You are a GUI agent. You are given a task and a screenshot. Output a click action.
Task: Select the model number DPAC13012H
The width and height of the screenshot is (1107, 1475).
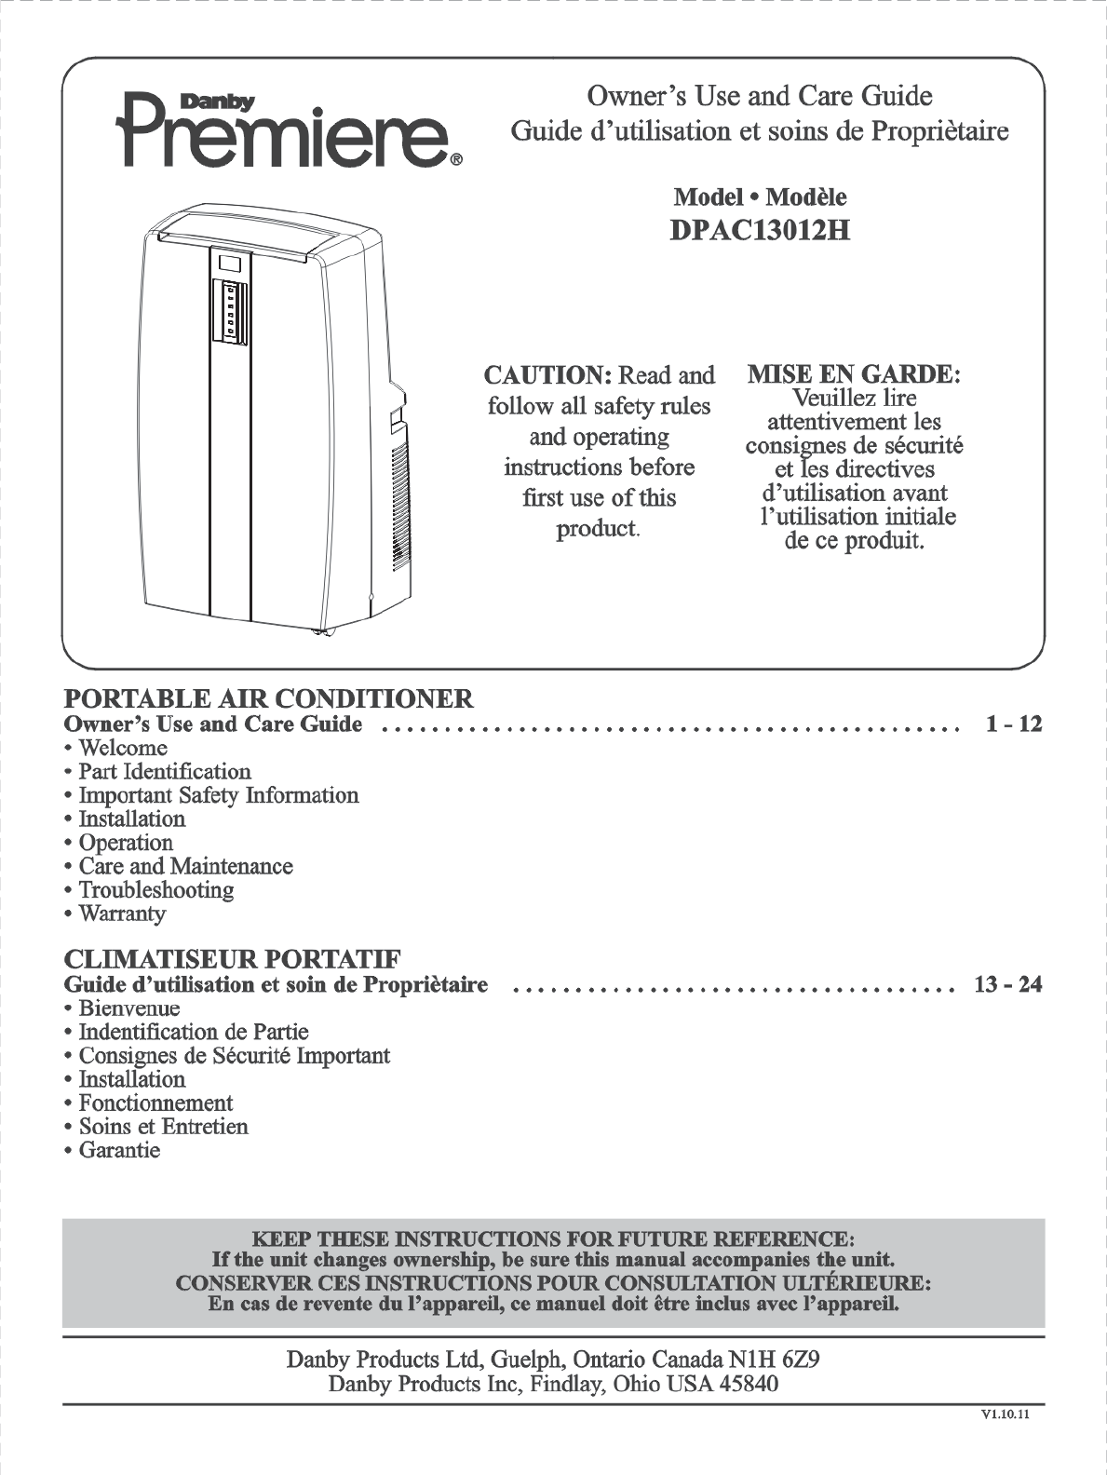760,229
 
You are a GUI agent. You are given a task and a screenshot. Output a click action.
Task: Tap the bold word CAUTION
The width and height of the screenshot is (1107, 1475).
547,375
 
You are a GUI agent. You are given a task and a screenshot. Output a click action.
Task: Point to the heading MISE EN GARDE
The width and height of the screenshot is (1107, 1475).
854,375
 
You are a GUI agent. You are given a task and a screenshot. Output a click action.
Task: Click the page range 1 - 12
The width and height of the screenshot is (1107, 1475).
1014,724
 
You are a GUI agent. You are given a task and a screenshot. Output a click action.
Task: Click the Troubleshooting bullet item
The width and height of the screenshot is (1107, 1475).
155,889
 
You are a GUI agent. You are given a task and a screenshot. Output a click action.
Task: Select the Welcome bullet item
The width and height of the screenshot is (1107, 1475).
123,748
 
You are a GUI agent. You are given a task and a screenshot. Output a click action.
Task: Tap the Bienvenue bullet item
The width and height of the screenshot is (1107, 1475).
129,1008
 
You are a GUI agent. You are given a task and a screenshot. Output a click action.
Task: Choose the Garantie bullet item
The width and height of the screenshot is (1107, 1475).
119,1150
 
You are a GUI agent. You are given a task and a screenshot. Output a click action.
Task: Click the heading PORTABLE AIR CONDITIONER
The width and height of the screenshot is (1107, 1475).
268,698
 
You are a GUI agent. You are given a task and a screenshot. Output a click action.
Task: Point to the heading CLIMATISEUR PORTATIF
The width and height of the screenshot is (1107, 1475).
233,959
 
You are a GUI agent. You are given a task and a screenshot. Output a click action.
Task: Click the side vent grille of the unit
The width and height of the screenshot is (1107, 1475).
400,503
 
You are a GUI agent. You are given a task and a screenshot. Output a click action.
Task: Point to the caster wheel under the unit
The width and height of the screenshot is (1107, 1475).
323,633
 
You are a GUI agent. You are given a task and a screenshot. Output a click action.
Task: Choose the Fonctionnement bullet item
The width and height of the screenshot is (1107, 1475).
155,1103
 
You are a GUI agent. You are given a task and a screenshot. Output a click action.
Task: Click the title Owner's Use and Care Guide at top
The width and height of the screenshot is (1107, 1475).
759,96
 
